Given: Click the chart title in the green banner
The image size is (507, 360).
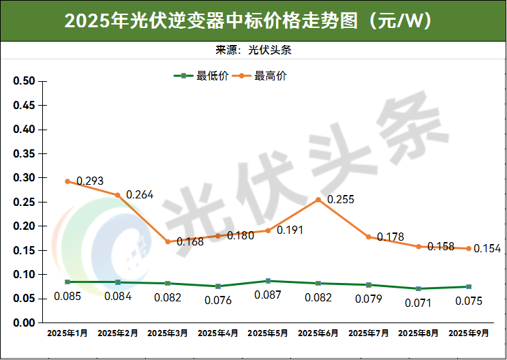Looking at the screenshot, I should tap(253, 21).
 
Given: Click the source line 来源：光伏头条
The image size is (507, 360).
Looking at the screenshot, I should tap(253, 50).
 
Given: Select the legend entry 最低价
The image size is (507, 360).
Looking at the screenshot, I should tap(204, 76).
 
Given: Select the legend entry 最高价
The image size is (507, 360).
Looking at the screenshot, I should tap(263, 76).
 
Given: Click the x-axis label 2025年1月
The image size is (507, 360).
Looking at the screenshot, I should tap(67, 334).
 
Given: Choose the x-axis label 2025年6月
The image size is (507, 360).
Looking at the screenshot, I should tap(318, 334).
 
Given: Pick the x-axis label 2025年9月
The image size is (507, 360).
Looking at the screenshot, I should tap(469, 334).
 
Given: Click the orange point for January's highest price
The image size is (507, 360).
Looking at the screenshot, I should tap(67, 181).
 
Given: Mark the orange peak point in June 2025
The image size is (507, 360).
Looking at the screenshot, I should tap(318, 200).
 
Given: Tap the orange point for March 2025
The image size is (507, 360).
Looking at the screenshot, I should tap(168, 241).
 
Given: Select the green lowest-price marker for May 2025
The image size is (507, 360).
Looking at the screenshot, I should tap(268, 281).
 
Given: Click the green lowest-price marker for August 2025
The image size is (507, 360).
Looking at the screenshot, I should tap(418, 288).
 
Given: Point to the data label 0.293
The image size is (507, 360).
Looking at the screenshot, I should tap(90, 181).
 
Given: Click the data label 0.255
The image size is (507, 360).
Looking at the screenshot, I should tap(341, 200).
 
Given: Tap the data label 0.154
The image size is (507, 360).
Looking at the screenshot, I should tap(487, 249).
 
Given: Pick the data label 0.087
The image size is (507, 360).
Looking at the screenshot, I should tap(268, 295).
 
